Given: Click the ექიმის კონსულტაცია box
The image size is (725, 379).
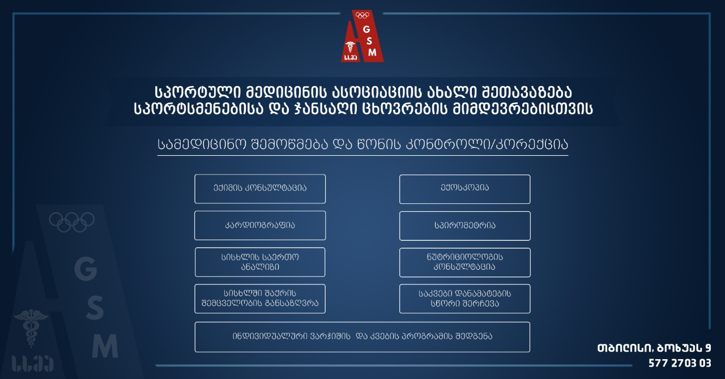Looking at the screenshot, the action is (x=260, y=189).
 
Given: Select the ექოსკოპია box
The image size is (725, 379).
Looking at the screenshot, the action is (x=465, y=189).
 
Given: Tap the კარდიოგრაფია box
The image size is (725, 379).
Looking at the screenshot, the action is (x=260, y=225).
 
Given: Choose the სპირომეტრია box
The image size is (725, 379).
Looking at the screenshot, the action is (x=465, y=226).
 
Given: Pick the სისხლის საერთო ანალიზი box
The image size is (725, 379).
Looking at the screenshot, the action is (x=260, y=262).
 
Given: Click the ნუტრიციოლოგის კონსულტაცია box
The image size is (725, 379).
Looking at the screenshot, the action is (x=465, y=262).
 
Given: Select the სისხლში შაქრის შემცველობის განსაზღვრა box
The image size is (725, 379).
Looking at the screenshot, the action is (x=260, y=299).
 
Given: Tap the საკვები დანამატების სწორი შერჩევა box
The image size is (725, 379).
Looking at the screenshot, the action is (x=465, y=299).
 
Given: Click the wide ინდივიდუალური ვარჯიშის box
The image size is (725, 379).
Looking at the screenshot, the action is (x=362, y=337).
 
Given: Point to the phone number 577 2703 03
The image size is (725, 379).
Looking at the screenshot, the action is (x=680, y=363).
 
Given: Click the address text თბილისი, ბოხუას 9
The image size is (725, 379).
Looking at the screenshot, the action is (x=654, y=348).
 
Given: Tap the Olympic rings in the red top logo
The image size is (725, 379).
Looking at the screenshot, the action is (x=362, y=15).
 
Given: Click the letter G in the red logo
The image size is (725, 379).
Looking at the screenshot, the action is (x=366, y=29).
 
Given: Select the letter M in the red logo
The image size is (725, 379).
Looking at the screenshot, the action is (x=372, y=53).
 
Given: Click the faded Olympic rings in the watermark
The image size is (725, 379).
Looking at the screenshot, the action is (x=71, y=222).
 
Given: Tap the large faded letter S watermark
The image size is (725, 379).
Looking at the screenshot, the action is (x=95, y=308).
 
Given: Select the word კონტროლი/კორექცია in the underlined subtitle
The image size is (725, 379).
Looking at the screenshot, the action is (x=487, y=144).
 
